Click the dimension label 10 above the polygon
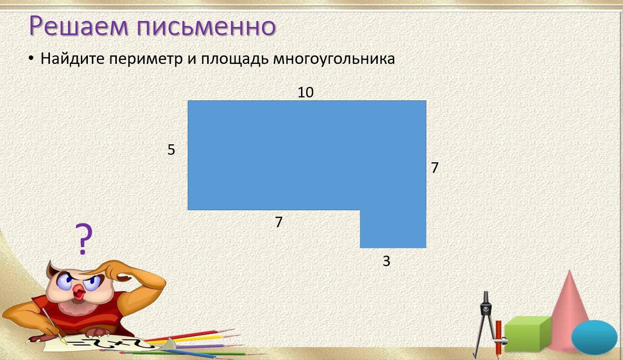(306, 92)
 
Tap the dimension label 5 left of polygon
(171, 150)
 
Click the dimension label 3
(386, 261)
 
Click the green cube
(527, 333)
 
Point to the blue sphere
(594, 338)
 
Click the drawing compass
(484, 320)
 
